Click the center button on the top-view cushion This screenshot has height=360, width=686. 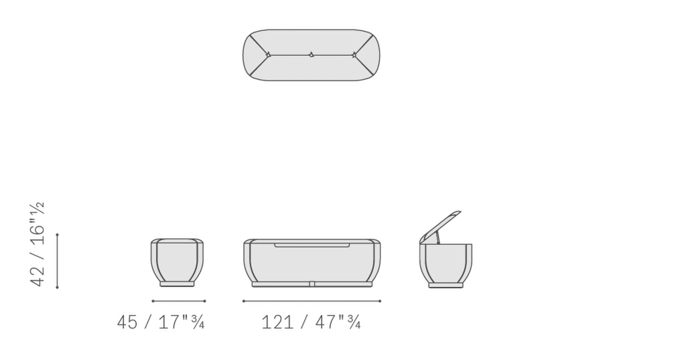pyautogui.click(x=311, y=55)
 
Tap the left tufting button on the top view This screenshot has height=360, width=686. pyautogui.click(x=268, y=55)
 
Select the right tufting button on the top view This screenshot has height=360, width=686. pyautogui.click(x=354, y=55)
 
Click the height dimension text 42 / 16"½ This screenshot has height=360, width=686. pyautogui.click(x=38, y=244)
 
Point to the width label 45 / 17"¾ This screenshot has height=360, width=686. pyautogui.click(x=161, y=322)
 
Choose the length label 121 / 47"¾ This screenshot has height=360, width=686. pyautogui.click(x=311, y=322)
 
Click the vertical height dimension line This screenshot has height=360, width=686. pyautogui.click(x=57, y=261)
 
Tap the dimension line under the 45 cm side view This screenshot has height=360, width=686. pyautogui.click(x=179, y=301)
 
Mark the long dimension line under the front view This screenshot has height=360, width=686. pyautogui.click(x=312, y=301)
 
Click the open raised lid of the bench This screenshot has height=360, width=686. pyautogui.click(x=440, y=227)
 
